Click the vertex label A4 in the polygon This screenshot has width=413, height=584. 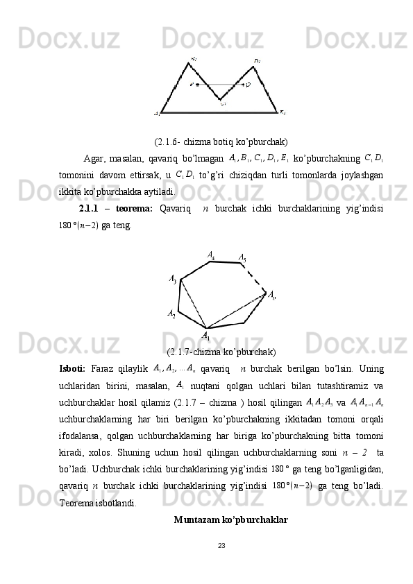coord(210,255)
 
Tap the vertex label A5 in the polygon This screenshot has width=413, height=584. coord(242,258)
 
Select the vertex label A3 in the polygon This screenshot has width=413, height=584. coord(172,279)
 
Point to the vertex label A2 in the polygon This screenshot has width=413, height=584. coord(171,314)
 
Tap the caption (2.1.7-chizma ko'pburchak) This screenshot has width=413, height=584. coord(221,350)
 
